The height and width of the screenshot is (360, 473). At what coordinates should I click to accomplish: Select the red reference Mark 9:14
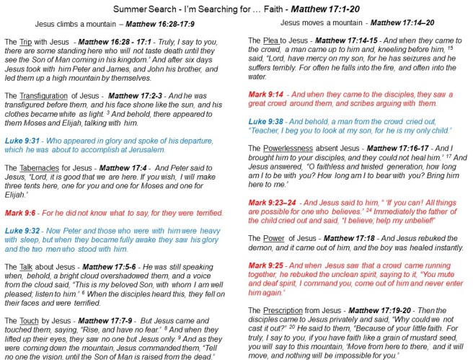[x=263, y=95]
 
